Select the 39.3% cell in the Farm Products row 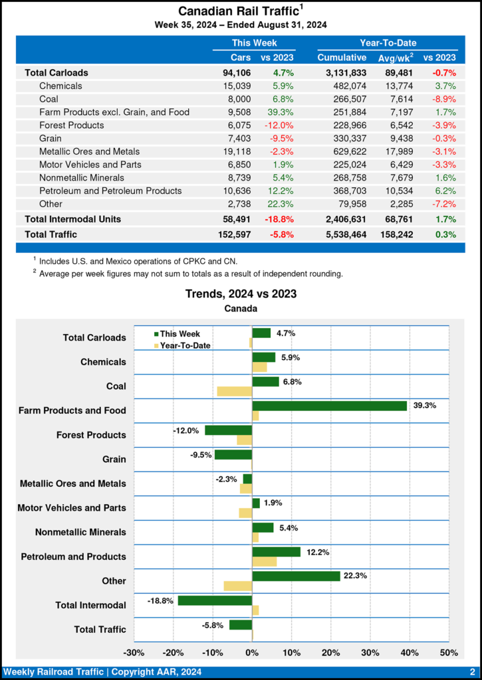pos(280,112)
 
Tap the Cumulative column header pos(342,58)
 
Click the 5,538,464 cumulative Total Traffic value pos(342,234)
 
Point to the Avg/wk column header pos(395,58)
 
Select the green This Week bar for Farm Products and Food pos(329,406)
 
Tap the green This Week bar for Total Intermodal pos(215,600)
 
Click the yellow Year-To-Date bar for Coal pos(234,391)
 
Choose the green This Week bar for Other pos(296,576)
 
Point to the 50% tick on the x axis pos(449,652)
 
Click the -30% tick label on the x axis pos(134,652)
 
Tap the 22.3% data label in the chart pos(356,576)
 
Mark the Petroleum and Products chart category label pos(73,556)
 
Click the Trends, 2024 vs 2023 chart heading pos(241,294)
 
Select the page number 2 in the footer pos(471,672)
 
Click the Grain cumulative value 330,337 pos(342,138)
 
